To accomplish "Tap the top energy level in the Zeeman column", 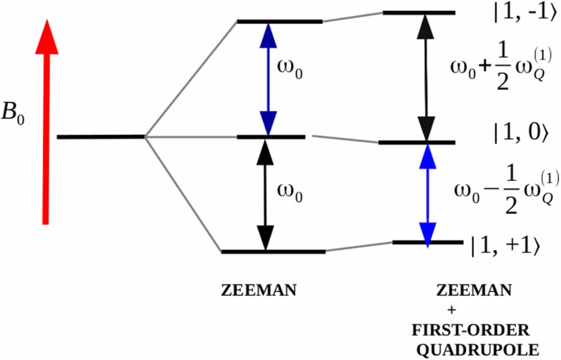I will point(280,22).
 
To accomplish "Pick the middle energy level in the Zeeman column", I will point(271,136).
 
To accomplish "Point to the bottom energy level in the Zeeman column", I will point(273,252).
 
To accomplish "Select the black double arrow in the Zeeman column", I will point(265,194).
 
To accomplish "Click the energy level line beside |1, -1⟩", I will point(419,12).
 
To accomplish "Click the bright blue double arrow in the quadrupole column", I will point(427,192).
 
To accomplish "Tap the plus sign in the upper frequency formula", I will point(483,68).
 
